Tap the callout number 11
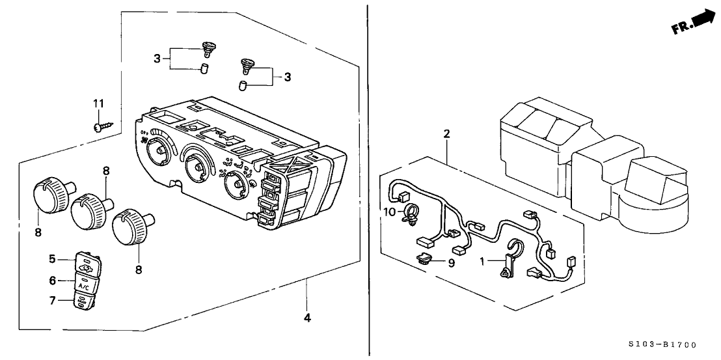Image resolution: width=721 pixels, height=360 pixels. (x=98, y=104)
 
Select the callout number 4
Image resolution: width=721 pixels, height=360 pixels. (x=308, y=318)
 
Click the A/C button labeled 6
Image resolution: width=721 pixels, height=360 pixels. (x=84, y=284)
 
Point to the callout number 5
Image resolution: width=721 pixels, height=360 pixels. (x=53, y=259)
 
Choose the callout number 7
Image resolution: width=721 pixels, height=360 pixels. (x=53, y=280)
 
